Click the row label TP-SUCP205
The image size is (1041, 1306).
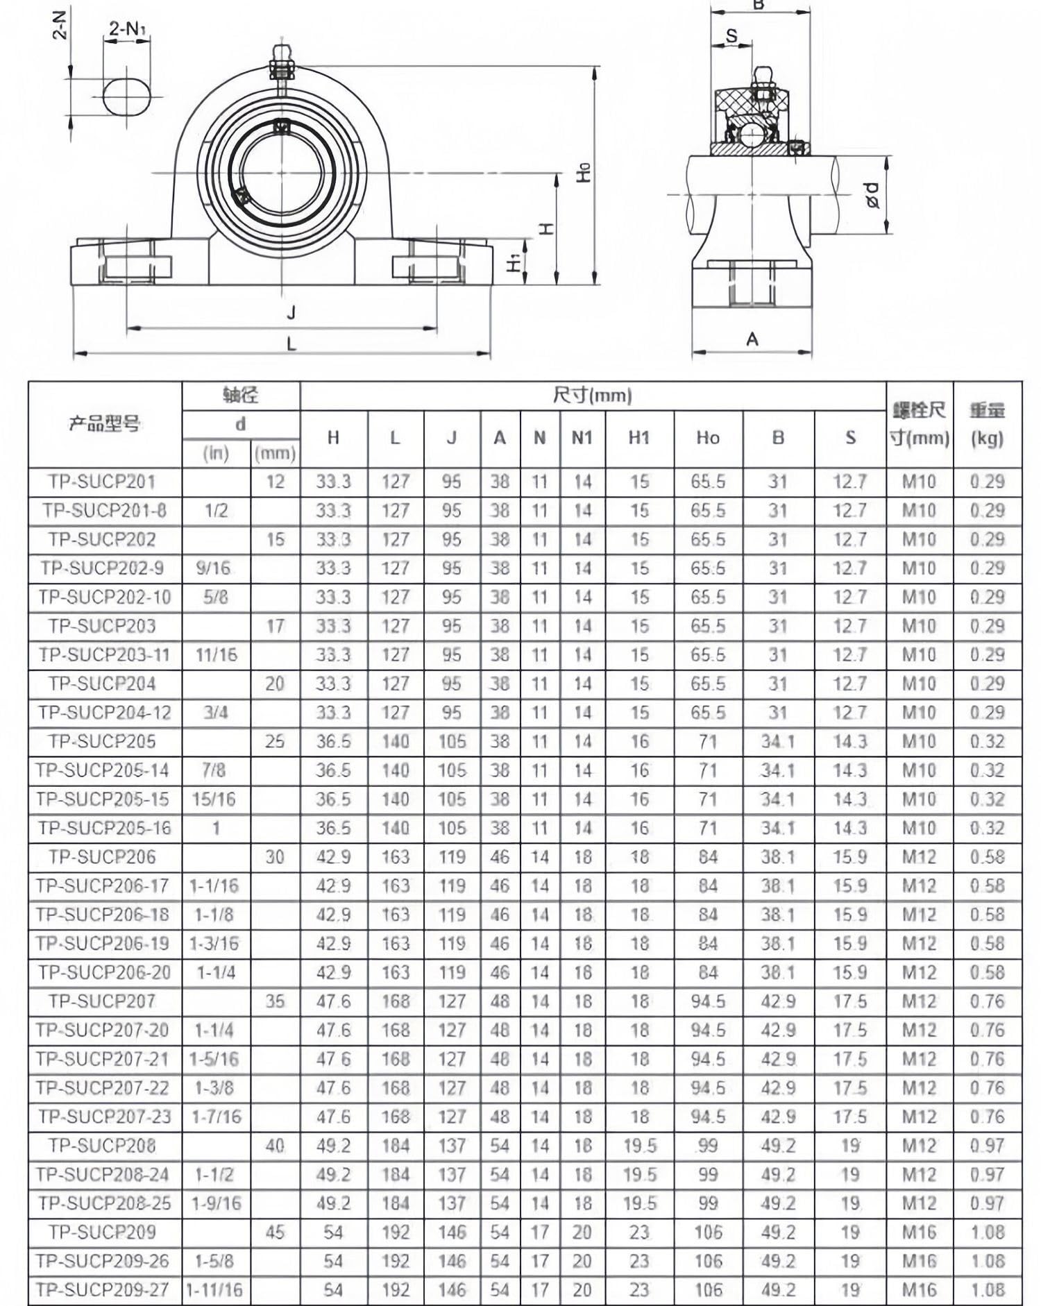click(x=102, y=741)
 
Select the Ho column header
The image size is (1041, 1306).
click(x=708, y=438)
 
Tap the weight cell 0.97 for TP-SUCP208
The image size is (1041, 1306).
click(x=987, y=1146)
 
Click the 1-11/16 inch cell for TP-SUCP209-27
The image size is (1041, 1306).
click(x=215, y=1290)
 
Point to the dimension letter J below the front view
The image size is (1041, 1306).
click(x=291, y=312)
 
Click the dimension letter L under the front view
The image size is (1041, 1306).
click(x=291, y=343)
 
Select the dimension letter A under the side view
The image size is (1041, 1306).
click(x=752, y=339)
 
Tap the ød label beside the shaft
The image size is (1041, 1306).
click(x=873, y=196)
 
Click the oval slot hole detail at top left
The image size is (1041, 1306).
click(x=126, y=96)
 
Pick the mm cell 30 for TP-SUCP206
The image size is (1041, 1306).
click(x=275, y=857)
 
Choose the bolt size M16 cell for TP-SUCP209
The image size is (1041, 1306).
click(x=919, y=1232)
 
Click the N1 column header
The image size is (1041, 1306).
click(x=582, y=438)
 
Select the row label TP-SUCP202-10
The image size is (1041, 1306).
click(x=104, y=597)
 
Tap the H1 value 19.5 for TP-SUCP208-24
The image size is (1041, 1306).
click(x=639, y=1175)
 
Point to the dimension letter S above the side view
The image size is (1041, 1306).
click(x=731, y=35)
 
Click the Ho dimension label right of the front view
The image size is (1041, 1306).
click(x=584, y=171)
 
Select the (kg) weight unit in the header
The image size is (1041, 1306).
click(x=987, y=439)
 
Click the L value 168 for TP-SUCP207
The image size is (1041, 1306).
click(x=395, y=1001)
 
